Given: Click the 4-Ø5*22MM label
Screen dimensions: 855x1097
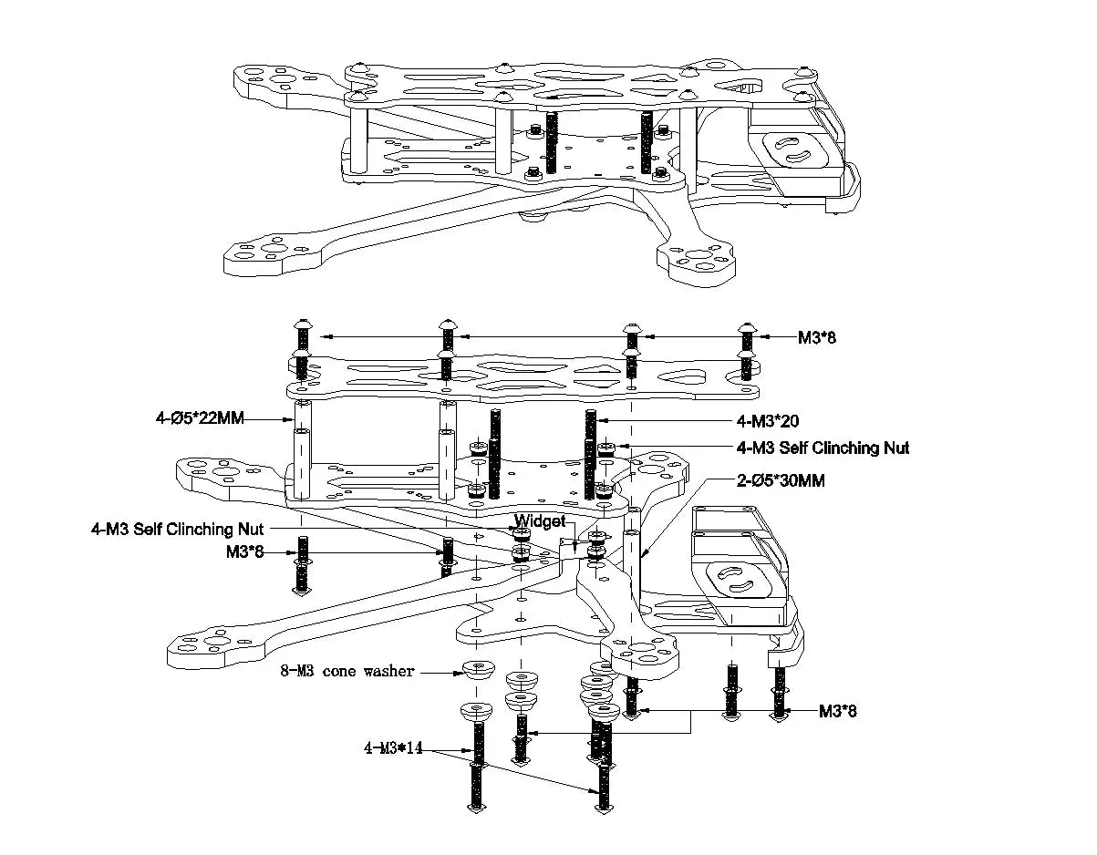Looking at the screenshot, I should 199,418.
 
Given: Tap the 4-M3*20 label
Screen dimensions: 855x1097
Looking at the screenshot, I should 768,420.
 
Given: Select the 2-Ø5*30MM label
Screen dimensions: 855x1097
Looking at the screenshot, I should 781,480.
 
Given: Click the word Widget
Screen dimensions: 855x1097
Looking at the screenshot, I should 540,521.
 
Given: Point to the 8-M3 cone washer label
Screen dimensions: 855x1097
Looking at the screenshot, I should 347,672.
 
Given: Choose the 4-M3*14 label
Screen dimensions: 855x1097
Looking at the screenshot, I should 394,749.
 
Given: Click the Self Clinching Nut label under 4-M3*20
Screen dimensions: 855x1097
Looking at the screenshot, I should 823,448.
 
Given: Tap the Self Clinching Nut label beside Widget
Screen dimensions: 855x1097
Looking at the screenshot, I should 177,529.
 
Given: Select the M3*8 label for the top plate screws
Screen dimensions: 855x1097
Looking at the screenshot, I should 816,337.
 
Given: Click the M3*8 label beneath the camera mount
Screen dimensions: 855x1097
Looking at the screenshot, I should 836,711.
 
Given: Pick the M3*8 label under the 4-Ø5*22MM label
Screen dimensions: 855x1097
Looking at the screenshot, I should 244,551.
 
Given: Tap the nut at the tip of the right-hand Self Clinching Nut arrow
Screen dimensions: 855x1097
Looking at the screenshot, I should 606,448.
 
